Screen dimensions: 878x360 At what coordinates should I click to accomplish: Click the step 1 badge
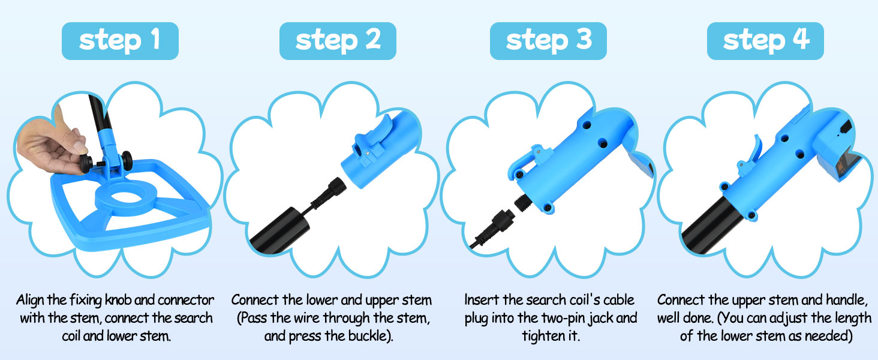[120, 41]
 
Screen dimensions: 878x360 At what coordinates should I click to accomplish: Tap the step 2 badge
[338, 41]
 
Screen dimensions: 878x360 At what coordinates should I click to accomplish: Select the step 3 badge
[548, 41]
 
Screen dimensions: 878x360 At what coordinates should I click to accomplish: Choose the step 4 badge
[765, 41]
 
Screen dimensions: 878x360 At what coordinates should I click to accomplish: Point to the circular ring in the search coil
[126, 196]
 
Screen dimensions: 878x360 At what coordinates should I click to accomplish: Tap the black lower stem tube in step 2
[278, 232]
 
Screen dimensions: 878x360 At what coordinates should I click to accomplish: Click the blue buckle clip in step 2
[372, 138]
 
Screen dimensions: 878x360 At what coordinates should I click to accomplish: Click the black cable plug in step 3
[492, 227]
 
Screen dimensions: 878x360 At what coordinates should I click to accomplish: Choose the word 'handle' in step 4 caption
[846, 300]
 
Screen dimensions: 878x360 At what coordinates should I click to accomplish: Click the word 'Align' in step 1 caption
[30, 301]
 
